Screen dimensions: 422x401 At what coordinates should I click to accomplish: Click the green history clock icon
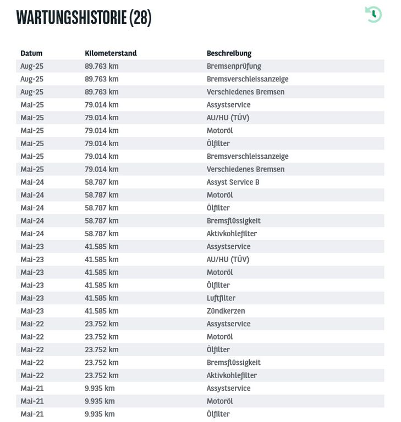tap(373, 14)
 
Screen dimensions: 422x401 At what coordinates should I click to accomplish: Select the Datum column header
tap(31, 53)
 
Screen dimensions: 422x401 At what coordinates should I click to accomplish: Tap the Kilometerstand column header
tap(111, 53)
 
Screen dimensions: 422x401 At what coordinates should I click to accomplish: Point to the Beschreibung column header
tap(229, 53)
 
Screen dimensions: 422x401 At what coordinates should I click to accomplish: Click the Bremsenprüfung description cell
tap(234, 66)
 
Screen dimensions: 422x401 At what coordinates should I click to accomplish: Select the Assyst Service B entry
tap(233, 182)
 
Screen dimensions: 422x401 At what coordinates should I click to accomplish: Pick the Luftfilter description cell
tap(221, 298)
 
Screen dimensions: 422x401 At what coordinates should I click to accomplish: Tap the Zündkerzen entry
tap(226, 311)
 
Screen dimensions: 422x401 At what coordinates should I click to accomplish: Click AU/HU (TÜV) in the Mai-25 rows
tap(228, 118)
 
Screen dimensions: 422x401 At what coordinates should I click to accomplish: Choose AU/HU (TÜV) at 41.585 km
tap(228, 259)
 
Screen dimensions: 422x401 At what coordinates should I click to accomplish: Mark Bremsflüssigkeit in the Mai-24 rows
tap(233, 221)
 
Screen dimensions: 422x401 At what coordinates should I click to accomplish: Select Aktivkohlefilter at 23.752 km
tap(232, 375)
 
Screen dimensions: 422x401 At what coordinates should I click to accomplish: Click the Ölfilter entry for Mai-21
tap(218, 414)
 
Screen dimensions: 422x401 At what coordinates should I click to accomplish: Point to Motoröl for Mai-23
tap(219, 272)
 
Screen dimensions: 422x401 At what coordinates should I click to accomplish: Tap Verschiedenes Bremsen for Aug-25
tap(245, 92)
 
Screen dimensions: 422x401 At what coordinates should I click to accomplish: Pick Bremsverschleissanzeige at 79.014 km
tap(247, 157)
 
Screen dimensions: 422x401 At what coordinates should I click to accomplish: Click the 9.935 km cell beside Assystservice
tap(100, 388)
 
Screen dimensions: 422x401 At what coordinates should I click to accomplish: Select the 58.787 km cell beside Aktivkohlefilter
tap(101, 234)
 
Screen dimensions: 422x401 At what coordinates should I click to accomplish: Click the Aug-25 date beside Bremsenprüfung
tap(32, 66)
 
